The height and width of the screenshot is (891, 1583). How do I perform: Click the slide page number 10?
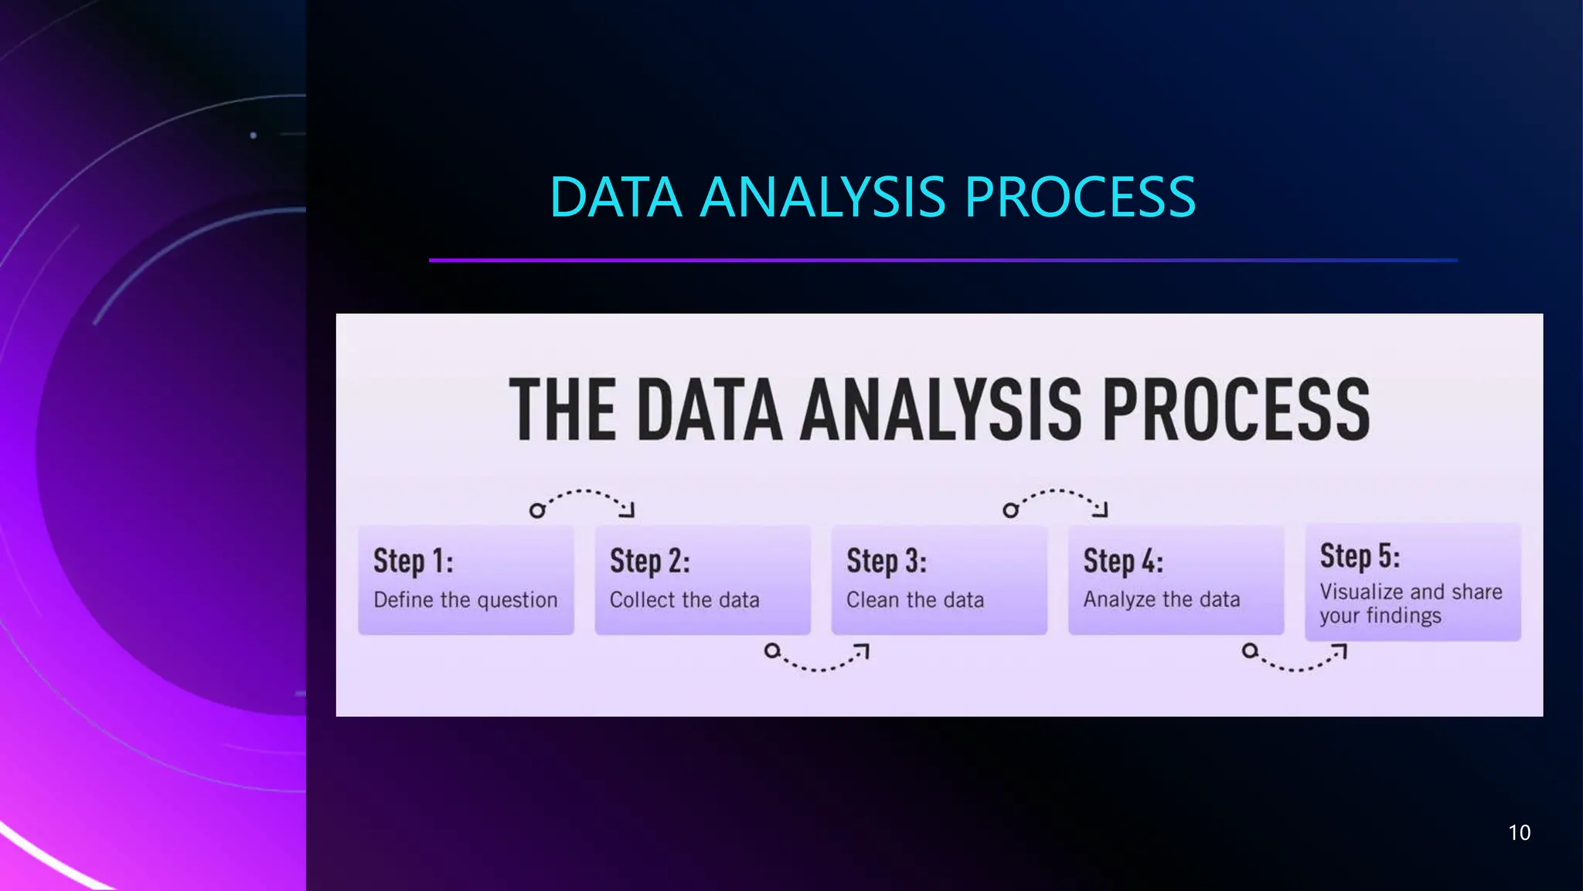(x=1519, y=832)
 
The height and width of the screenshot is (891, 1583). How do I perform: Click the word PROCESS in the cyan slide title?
(x=1080, y=197)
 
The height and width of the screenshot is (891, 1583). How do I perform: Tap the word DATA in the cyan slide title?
(x=615, y=197)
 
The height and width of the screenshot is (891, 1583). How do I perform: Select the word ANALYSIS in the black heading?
(x=941, y=410)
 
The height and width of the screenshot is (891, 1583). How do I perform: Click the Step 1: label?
(x=413, y=561)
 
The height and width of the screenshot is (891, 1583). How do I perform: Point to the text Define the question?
(x=465, y=600)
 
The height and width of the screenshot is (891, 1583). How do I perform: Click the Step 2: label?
(x=649, y=561)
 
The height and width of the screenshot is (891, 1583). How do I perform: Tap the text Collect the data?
(x=684, y=600)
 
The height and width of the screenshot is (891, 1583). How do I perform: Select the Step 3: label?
(x=886, y=561)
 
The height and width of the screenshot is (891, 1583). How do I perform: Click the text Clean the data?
(x=915, y=600)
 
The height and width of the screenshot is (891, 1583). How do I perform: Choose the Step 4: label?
(x=1122, y=561)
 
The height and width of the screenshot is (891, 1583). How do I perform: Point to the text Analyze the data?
(x=1161, y=599)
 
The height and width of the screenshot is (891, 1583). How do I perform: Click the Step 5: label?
(x=1359, y=555)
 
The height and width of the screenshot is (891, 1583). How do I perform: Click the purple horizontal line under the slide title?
(x=943, y=261)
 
